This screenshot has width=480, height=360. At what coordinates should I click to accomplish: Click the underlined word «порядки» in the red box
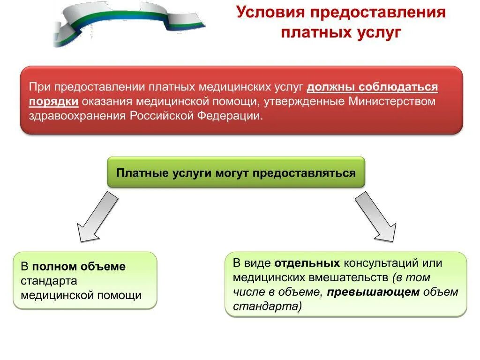pos(53,102)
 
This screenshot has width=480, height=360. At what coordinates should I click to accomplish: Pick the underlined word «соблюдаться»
pos(398,87)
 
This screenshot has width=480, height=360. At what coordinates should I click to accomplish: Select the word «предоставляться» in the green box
pos(304,173)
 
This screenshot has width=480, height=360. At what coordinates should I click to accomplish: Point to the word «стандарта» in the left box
pos(48,281)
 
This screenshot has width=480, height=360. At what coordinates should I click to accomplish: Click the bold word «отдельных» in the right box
pos(307,263)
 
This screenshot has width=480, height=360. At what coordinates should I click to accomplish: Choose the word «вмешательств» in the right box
pos(347,277)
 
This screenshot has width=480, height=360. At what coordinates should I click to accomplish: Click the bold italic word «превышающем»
pos(373,292)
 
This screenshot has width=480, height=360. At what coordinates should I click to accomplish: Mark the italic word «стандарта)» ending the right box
pos(268,307)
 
